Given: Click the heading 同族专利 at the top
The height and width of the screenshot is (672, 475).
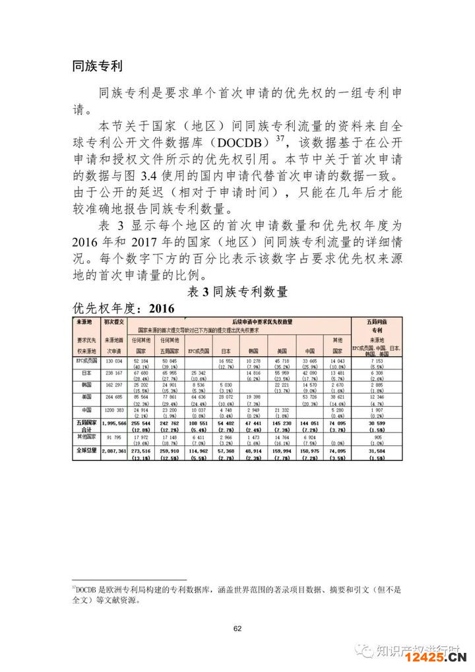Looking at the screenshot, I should click(97, 66).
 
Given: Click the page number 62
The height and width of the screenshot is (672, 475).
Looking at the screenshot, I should click(237, 628).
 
